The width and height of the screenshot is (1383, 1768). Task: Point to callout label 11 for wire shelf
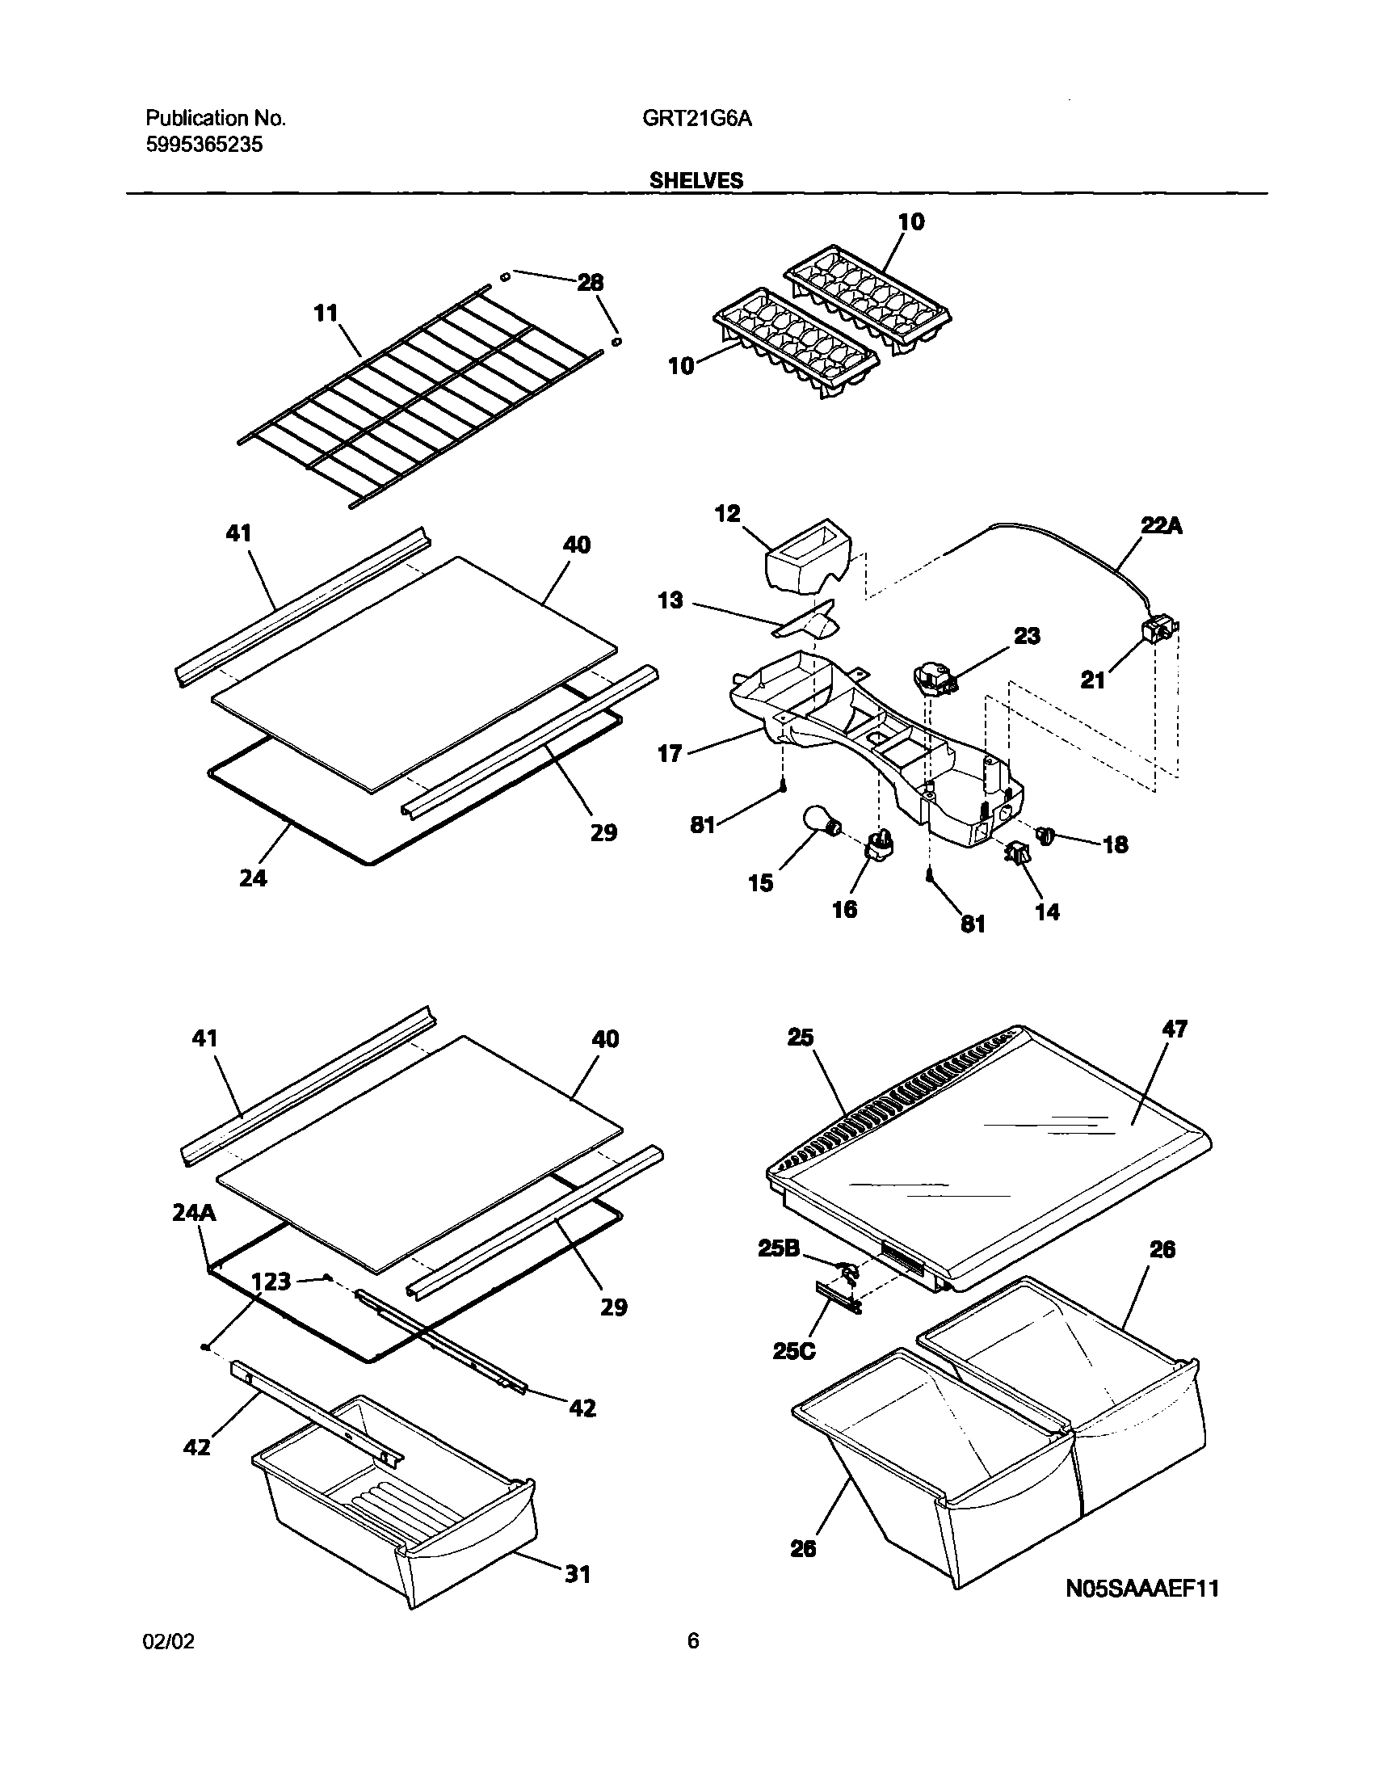point(326,314)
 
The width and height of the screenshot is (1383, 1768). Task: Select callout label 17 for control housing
point(670,755)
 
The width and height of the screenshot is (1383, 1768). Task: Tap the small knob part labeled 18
point(1046,833)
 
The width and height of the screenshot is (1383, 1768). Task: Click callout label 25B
point(778,1249)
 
